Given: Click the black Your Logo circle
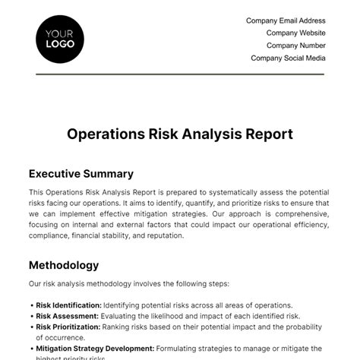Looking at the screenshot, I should coord(60,38).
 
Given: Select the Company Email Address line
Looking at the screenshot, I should coord(286,21).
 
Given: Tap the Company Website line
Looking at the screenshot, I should coord(295,33).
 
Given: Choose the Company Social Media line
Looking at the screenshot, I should coord(288,58).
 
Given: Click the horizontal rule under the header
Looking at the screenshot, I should coord(180,74).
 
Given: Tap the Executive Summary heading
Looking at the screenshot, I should coord(81,173).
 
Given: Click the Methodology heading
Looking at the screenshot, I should coord(63,265).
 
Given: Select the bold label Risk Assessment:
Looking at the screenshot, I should coord(67,316).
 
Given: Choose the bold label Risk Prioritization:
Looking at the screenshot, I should coord(69,327).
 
